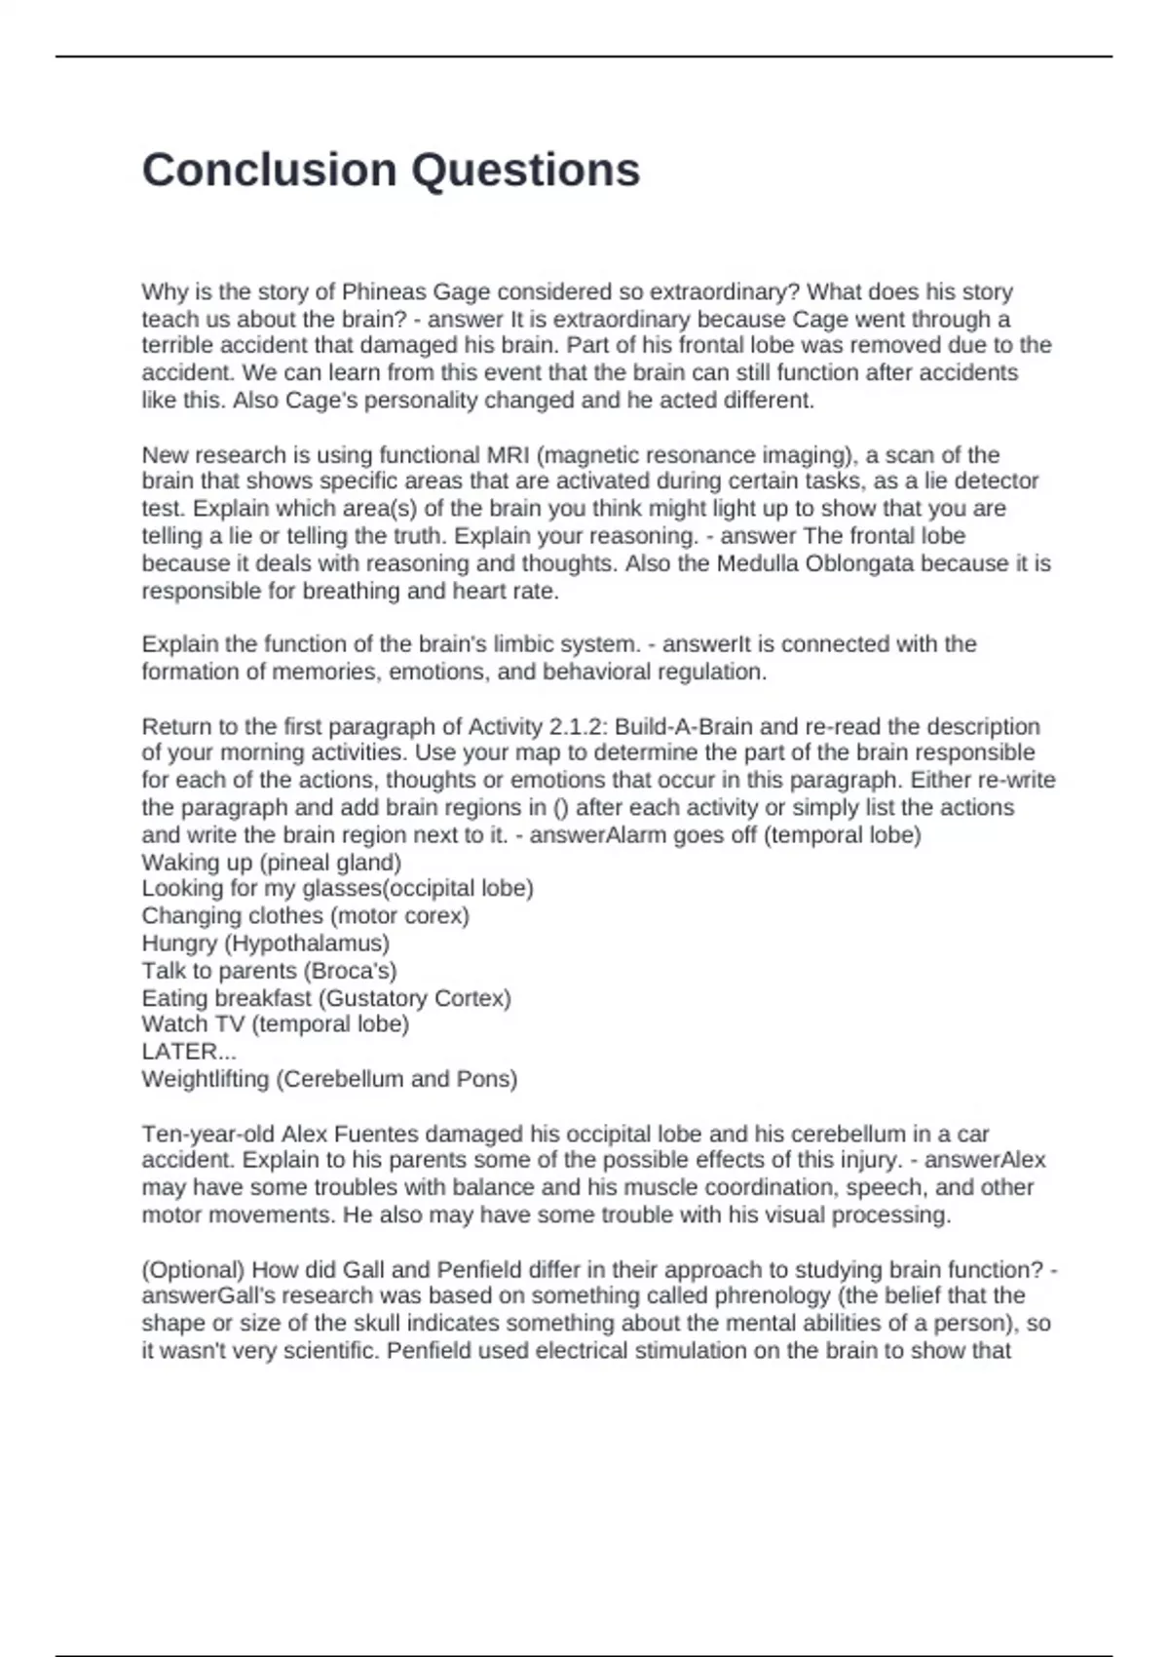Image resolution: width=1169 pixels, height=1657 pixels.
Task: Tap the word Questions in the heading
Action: coord(525,170)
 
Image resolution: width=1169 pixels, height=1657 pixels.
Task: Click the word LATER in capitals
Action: coord(179,1053)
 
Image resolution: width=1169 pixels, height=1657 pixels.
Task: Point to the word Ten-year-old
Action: coord(208,1135)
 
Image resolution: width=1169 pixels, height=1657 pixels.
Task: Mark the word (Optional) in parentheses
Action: coord(193,1270)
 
